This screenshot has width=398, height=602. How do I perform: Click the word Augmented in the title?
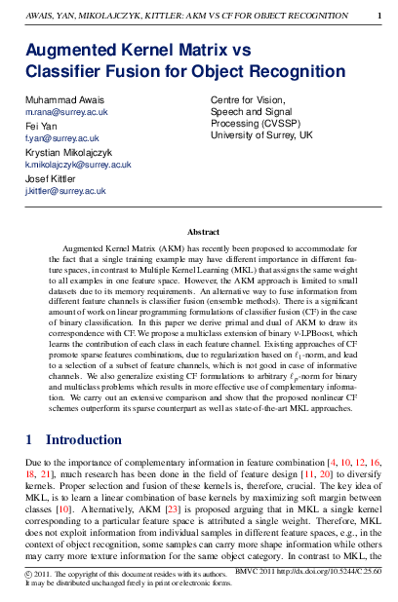click(x=78, y=49)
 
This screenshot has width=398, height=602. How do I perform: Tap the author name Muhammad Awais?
click(x=63, y=101)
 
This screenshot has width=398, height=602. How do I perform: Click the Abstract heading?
click(x=203, y=233)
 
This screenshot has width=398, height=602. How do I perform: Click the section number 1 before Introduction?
click(x=29, y=439)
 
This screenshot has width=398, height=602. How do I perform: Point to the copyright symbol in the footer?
click(x=27, y=573)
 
